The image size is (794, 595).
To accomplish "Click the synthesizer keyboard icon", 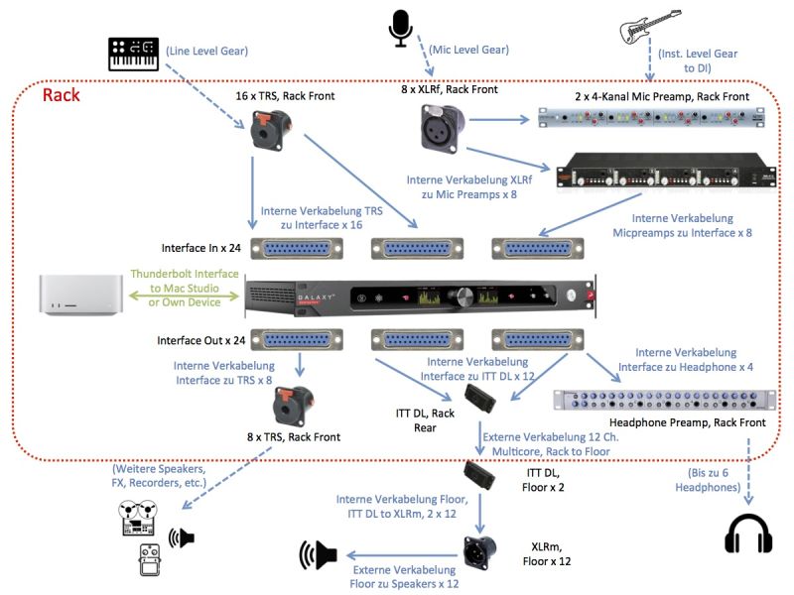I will click(x=134, y=54).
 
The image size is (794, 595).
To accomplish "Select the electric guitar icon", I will click(x=653, y=30).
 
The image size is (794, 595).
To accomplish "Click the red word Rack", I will click(x=61, y=96).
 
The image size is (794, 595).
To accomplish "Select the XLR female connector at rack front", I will click(x=438, y=130).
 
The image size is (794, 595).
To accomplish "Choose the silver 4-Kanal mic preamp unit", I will click(x=649, y=119).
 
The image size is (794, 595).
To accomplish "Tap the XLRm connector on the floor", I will click(x=480, y=550).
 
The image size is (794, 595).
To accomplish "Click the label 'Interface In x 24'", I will click(x=200, y=247).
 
